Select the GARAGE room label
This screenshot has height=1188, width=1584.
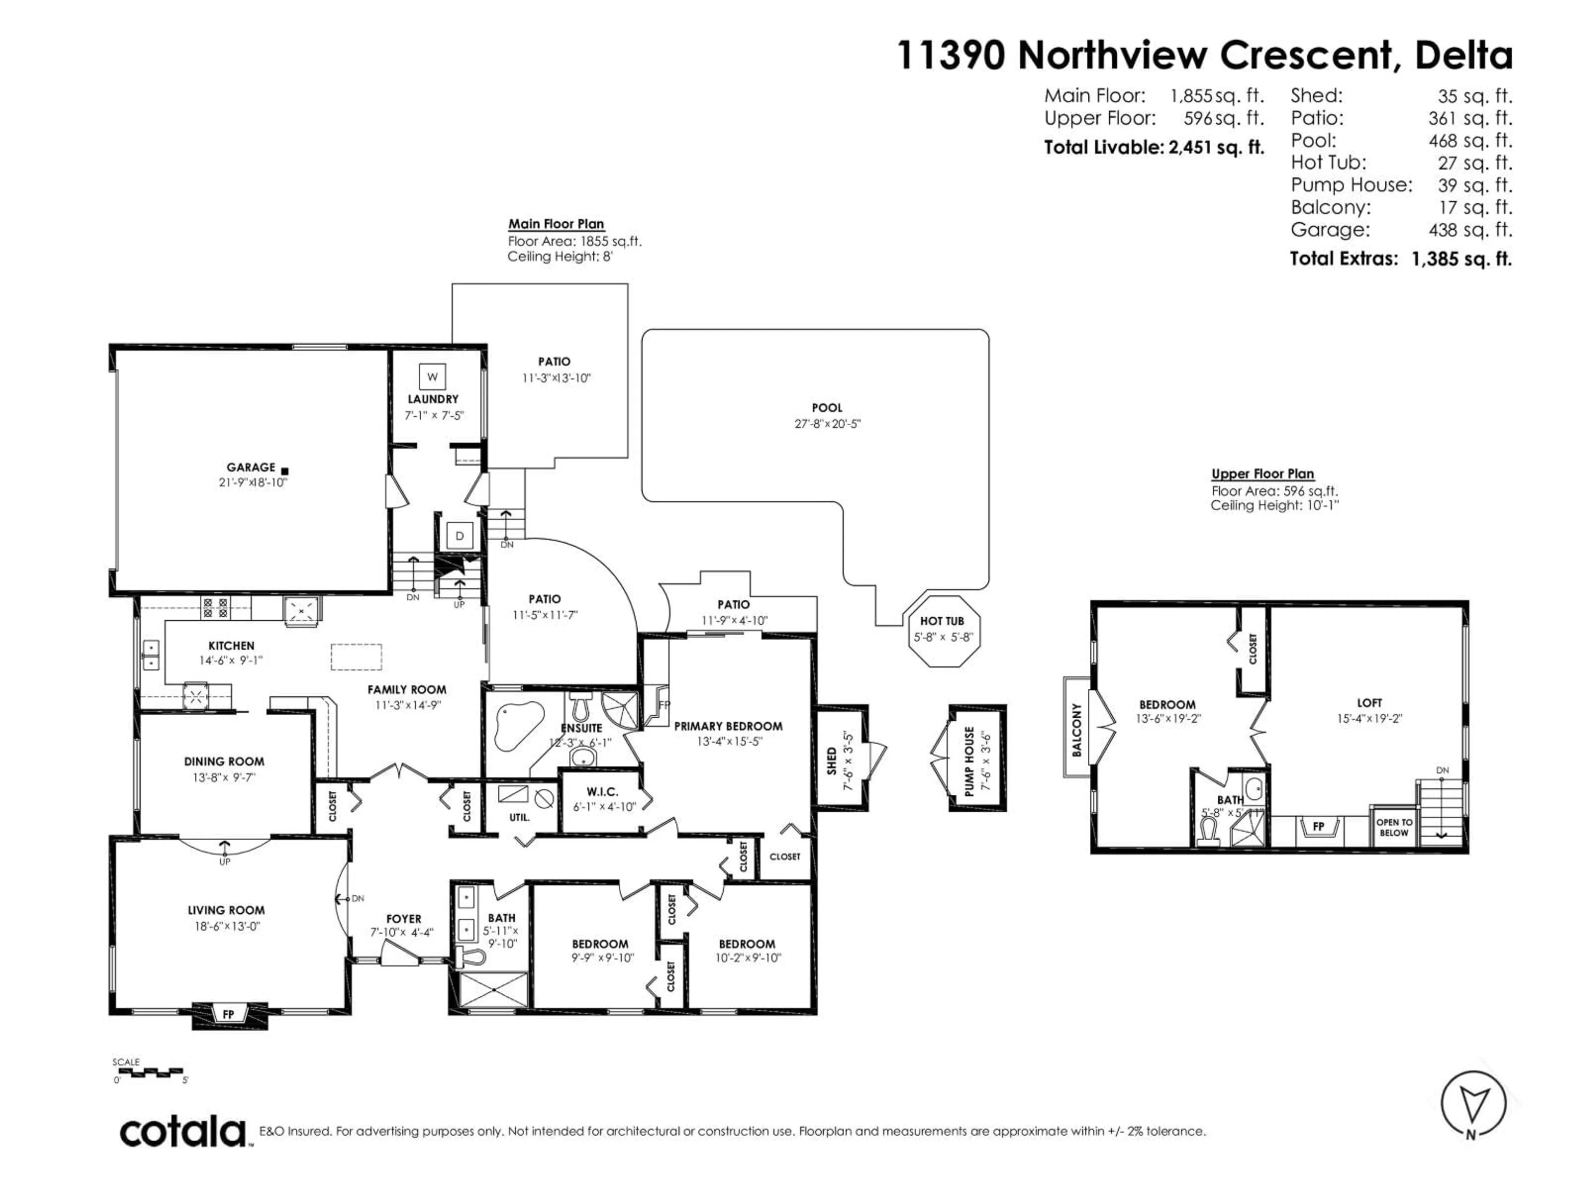point(251,467)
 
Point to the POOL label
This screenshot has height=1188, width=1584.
point(827,408)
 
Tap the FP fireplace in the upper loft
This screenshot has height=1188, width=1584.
point(1318,826)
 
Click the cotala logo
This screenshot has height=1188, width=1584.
point(183,1132)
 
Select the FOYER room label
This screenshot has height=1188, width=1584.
point(404,919)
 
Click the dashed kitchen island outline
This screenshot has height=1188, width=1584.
point(356,657)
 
